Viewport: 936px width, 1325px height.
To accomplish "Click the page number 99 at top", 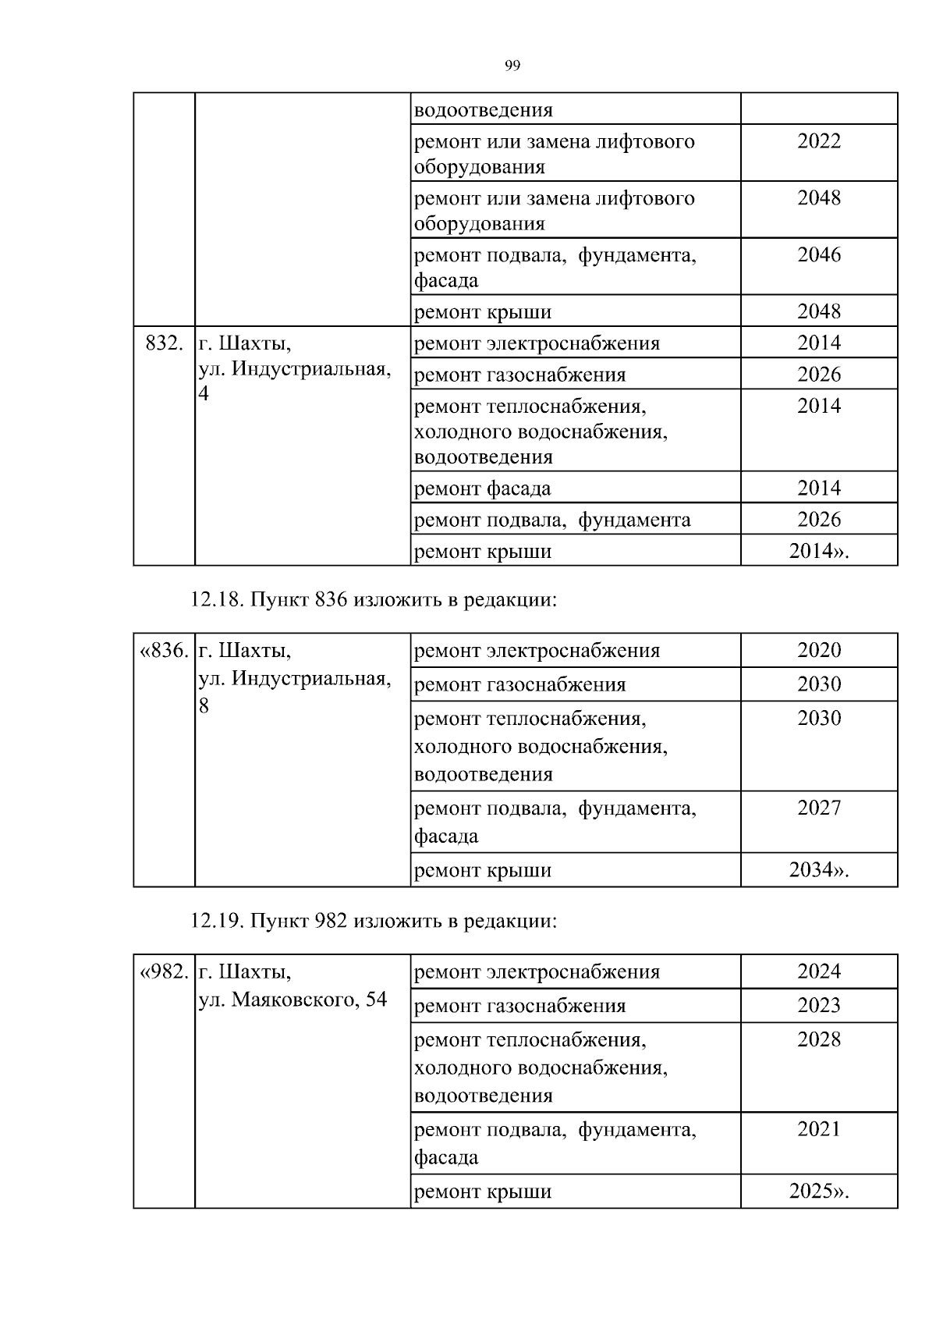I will [x=512, y=66].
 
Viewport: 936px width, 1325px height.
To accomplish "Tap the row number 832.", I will [x=164, y=343].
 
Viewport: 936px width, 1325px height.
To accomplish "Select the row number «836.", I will [x=164, y=650].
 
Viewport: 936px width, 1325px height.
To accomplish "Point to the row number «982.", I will [x=164, y=972].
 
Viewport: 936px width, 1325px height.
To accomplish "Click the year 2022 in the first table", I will [x=819, y=141].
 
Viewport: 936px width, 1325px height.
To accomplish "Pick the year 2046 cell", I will [x=819, y=254].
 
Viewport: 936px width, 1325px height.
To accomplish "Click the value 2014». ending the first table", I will [x=819, y=551].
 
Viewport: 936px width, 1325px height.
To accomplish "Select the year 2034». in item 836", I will [x=819, y=870].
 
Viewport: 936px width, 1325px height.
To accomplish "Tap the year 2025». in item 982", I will [x=819, y=1192].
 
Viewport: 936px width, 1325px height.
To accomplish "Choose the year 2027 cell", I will [x=819, y=808].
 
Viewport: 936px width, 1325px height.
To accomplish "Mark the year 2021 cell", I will [x=819, y=1129].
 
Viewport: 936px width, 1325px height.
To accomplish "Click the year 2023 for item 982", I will [x=819, y=1005].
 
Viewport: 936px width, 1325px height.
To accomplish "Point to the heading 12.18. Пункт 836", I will [x=374, y=600].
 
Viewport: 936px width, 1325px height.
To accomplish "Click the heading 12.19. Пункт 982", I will [x=374, y=921].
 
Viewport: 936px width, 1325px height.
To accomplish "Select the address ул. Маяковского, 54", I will [x=292, y=1000].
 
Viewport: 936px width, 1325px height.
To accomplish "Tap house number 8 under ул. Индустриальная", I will [x=204, y=706].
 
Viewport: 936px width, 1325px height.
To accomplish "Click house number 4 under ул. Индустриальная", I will [x=204, y=394].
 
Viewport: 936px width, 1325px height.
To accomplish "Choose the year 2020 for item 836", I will [x=819, y=650].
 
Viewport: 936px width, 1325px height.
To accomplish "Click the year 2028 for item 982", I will [x=819, y=1039].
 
